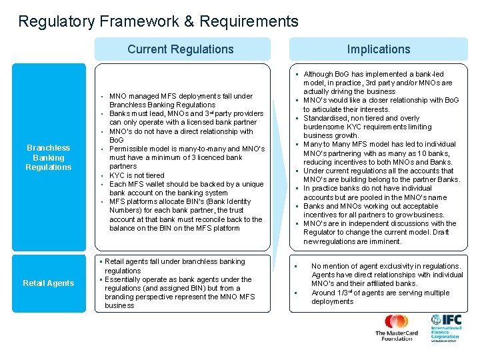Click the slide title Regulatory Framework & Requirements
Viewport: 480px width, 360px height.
[158, 21]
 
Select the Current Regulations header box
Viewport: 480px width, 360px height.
[181, 49]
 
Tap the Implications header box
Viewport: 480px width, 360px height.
[378, 49]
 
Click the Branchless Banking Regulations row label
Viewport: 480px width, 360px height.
[49, 157]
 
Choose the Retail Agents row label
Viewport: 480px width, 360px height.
[49, 283]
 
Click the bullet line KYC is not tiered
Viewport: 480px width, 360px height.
[137, 175]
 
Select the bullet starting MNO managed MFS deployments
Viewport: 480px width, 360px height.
[181, 100]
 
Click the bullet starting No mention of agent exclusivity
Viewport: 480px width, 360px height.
[387, 275]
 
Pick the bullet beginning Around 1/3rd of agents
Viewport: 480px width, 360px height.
[380, 297]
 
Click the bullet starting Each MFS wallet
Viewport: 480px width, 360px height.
[186, 189]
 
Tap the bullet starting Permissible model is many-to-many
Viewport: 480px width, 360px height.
[187, 157]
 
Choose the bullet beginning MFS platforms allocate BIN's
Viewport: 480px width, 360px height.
[186, 215]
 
